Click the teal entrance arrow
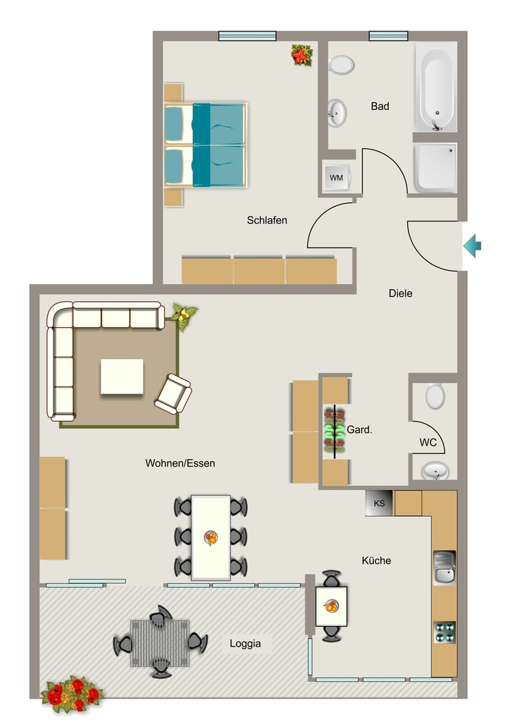point(472,245)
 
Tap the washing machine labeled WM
point(336,177)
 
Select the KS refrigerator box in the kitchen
point(380,503)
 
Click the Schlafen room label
point(267,220)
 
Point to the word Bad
point(380,106)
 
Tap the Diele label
point(400,293)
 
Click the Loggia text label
point(245,643)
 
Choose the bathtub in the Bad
point(437,87)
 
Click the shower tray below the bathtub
point(435,168)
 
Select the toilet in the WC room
point(435,396)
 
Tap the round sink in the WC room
point(435,471)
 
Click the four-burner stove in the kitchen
point(444,632)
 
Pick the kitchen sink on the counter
point(444,568)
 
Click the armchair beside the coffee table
point(173,393)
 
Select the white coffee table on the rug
point(122,377)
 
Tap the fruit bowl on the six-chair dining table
point(211,537)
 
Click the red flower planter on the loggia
point(71,694)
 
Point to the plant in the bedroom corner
point(301,55)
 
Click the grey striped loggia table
point(160,643)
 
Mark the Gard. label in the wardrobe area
point(359,429)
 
